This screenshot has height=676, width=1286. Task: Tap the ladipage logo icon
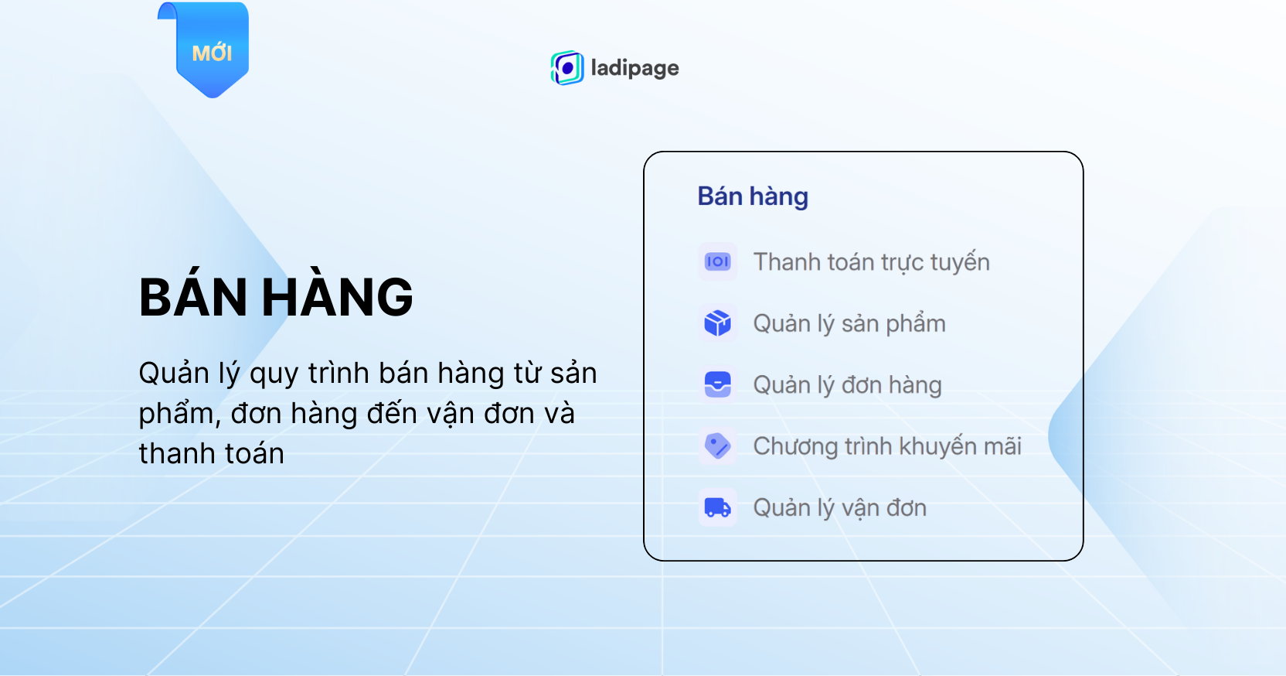567,68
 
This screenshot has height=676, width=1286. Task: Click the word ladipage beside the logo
635,68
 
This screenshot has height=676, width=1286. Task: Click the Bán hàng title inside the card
753,196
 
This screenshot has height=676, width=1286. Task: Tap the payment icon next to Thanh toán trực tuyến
718,262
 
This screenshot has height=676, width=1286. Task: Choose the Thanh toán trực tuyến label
872,262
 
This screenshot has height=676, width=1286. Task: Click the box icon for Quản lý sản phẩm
718,323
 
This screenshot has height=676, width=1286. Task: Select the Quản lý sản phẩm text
849,324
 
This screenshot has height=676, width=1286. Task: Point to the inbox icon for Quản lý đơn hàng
718,384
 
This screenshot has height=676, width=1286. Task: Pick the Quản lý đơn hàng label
847,385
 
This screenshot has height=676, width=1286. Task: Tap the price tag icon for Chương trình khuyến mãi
718,446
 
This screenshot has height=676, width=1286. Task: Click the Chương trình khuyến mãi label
887,446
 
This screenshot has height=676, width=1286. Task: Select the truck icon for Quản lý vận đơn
718,507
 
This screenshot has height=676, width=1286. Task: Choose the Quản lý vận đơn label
840,508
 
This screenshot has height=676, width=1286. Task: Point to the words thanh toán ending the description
211,453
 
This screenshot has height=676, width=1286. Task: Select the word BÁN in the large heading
193,295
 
